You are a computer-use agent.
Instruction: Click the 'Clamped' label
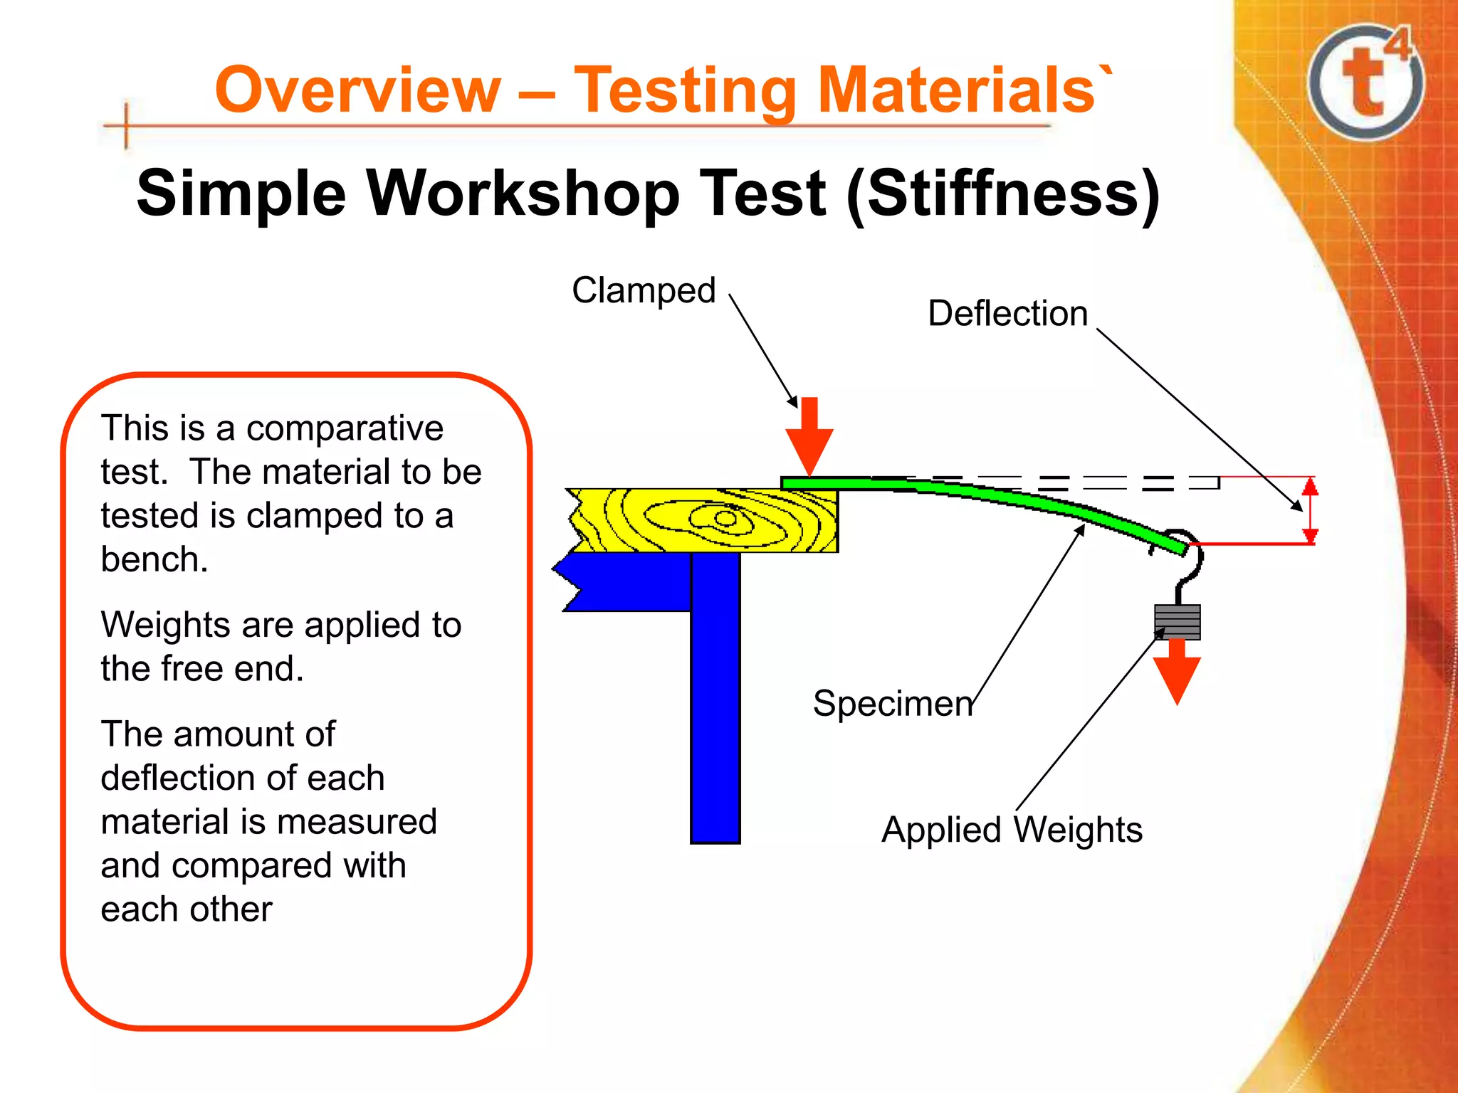(x=643, y=290)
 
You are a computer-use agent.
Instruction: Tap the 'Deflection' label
(x=1007, y=313)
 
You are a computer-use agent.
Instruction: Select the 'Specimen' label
(x=893, y=703)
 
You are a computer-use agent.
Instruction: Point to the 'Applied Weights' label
(x=1012, y=830)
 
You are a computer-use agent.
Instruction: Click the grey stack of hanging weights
(x=1177, y=621)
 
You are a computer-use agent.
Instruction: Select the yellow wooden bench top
(x=705, y=520)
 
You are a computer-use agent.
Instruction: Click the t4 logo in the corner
(x=1365, y=82)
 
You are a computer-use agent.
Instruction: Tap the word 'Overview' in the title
(x=358, y=90)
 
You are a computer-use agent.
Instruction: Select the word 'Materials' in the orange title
(x=956, y=90)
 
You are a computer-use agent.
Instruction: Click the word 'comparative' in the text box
(x=345, y=428)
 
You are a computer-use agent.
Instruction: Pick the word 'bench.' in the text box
(x=154, y=559)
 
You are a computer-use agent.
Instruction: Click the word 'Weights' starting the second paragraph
(x=165, y=625)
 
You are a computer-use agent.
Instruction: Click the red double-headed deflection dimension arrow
(x=1310, y=510)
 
